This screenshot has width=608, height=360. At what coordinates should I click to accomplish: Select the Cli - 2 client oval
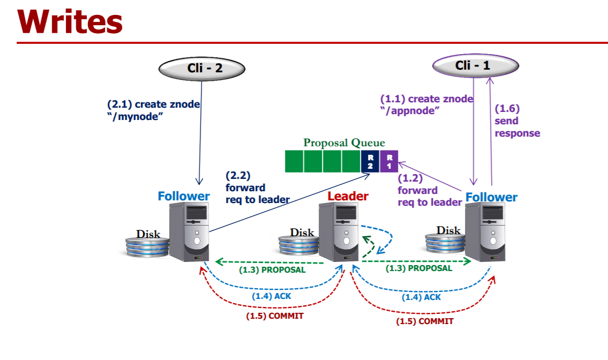tap(201, 68)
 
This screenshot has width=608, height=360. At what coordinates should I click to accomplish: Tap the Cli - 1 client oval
tap(476, 66)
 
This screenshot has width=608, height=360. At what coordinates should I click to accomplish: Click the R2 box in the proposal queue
tap(370, 161)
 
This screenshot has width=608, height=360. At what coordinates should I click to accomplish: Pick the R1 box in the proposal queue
tap(389, 161)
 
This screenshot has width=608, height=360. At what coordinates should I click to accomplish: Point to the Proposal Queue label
tap(344, 142)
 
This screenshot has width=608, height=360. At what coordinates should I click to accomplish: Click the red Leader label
tap(348, 196)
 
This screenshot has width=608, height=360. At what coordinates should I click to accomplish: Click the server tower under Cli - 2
tap(190, 232)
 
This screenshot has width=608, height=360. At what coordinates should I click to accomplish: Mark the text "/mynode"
tap(135, 116)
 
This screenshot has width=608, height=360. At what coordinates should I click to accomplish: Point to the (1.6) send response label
tap(516, 121)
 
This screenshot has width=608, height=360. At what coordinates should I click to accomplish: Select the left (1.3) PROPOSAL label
tap(272, 269)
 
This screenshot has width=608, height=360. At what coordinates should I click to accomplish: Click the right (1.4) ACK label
tap(421, 296)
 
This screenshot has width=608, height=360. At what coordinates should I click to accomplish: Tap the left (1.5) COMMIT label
tap(274, 316)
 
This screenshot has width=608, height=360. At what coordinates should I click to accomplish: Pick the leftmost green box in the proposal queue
tap(294, 161)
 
